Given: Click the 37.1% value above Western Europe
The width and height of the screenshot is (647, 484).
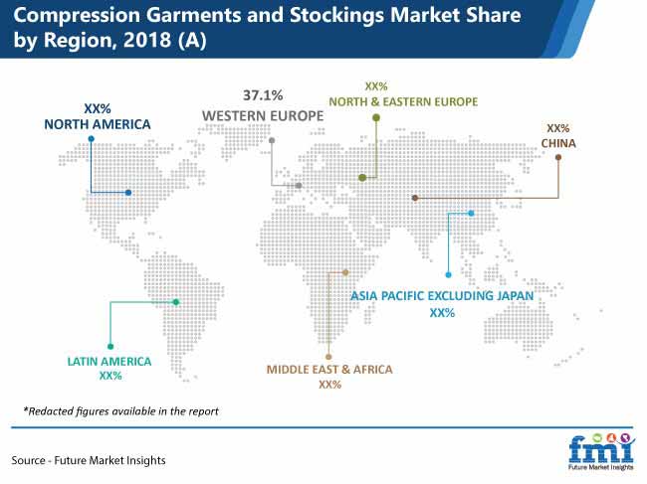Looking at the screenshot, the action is pyautogui.click(x=263, y=95).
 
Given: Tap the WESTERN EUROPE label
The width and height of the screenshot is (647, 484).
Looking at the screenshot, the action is pyautogui.click(x=263, y=115).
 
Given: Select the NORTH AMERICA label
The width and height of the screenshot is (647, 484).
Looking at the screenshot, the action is pyautogui.click(x=98, y=124).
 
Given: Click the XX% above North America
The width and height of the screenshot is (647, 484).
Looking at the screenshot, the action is pyautogui.click(x=98, y=108).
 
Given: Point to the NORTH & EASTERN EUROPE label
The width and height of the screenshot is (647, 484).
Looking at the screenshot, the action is pyautogui.click(x=403, y=101).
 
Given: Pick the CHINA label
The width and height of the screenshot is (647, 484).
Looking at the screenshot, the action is pyautogui.click(x=558, y=143).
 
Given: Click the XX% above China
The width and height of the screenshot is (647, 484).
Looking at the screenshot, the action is pyautogui.click(x=557, y=128).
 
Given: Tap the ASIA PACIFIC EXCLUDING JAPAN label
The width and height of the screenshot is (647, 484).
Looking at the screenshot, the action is pyautogui.click(x=442, y=296).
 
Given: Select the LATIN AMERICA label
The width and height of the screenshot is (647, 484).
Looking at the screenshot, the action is pyautogui.click(x=109, y=362).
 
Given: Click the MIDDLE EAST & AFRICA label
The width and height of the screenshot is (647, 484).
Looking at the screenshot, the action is pyautogui.click(x=329, y=370).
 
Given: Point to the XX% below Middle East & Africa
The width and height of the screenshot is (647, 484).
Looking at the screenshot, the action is pyautogui.click(x=329, y=385).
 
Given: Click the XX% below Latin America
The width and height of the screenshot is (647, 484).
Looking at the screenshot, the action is pyautogui.click(x=110, y=376).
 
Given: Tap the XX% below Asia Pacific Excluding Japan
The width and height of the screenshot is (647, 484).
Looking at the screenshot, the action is pyautogui.click(x=442, y=313).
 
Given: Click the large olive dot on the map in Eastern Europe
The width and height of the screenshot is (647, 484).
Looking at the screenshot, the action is pyautogui.click(x=362, y=178).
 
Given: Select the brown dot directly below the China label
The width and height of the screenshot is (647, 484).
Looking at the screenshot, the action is pyautogui.click(x=558, y=157).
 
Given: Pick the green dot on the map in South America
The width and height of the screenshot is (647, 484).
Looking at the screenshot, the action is pyautogui.click(x=176, y=302).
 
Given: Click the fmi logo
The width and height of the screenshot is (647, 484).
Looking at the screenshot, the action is pyautogui.click(x=601, y=451).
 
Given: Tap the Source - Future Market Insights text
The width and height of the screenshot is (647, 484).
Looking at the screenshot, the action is pyautogui.click(x=89, y=460).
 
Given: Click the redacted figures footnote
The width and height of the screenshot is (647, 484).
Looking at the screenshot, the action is pyautogui.click(x=120, y=411).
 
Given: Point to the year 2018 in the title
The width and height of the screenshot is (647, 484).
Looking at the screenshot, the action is pyautogui.click(x=147, y=40).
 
